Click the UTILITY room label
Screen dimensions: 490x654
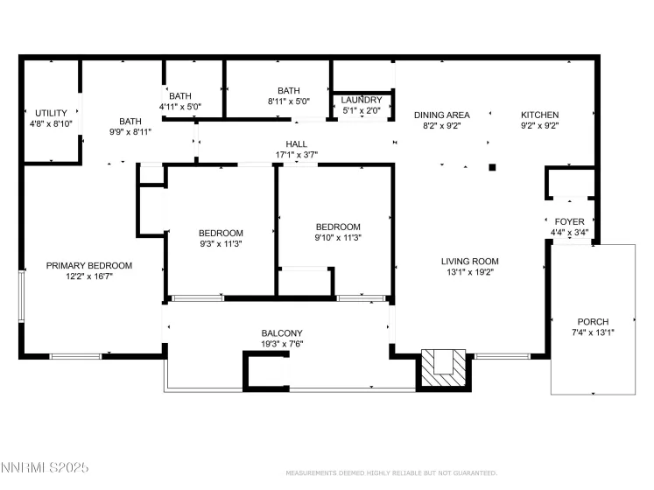click(51, 113)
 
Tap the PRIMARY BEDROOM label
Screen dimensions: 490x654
click(89, 266)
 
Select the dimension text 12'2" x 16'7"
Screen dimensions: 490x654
click(89, 276)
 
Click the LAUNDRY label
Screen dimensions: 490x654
click(361, 101)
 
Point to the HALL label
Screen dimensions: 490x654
click(297, 144)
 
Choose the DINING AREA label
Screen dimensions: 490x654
click(441, 115)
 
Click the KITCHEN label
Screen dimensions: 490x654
click(539, 115)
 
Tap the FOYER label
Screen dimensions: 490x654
click(570, 222)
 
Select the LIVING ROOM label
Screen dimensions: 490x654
click(469, 261)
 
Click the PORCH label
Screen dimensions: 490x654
click(592, 322)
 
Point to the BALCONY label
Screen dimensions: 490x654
click(282, 333)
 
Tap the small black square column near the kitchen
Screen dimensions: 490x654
click(493, 166)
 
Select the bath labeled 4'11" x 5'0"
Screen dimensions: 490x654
click(180, 107)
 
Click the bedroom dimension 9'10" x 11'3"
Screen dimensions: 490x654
click(338, 237)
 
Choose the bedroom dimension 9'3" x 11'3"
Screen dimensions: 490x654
click(221, 243)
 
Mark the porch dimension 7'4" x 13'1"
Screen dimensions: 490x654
click(592, 332)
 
